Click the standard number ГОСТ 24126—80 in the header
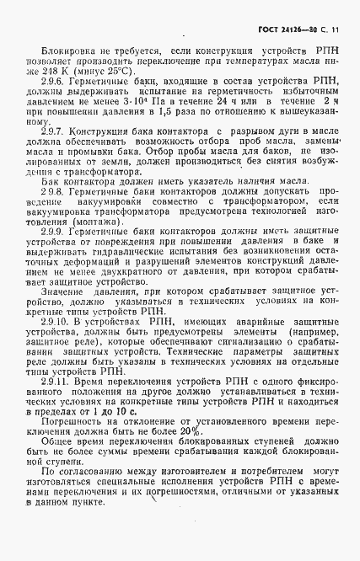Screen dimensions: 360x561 (x=287, y=31)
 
